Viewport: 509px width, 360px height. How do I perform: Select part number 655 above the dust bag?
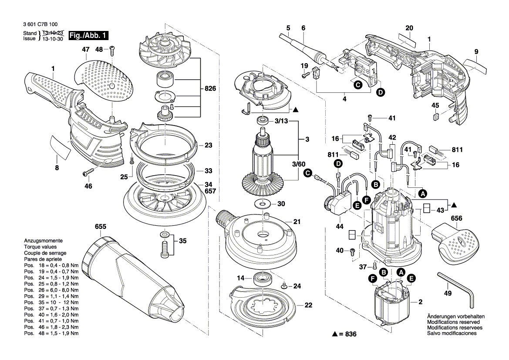pyautogui.click(x=101, y=227)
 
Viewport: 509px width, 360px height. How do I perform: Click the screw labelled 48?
pyautogui.click(x=112, y=51)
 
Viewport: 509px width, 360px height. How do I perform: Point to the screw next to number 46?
pyautogui.click(x=88, y=172)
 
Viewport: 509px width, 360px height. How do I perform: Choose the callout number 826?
pyautogui.click(x=210, y=88)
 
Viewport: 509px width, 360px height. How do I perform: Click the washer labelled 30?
pyautogui.click(x=262, y=204)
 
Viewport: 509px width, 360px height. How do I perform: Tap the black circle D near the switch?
pyautogui.click(x=381, y=92)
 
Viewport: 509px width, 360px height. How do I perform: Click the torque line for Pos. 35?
pyautogui.click(x=51, y=302)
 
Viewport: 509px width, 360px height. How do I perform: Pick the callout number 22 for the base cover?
pyautogui.click(x=308, y=305)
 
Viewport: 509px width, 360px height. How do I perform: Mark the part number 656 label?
pyautogui.click(x=456, y=218)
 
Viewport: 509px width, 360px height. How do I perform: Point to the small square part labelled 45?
pyautogui.click(x=436, y=116)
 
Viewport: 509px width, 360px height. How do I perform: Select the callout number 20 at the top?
pyautogui.click(x=409, y=28)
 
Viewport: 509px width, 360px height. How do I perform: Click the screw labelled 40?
pyautogui.click(x=353, y=252)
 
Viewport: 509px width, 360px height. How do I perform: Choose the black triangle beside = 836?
pyautogui.click(x=335, y=334)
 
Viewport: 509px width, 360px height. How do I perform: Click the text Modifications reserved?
pyautogui.click(x=453, y=322)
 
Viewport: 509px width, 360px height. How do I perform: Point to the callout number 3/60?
pyautogui.click(x=299, y=164)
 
